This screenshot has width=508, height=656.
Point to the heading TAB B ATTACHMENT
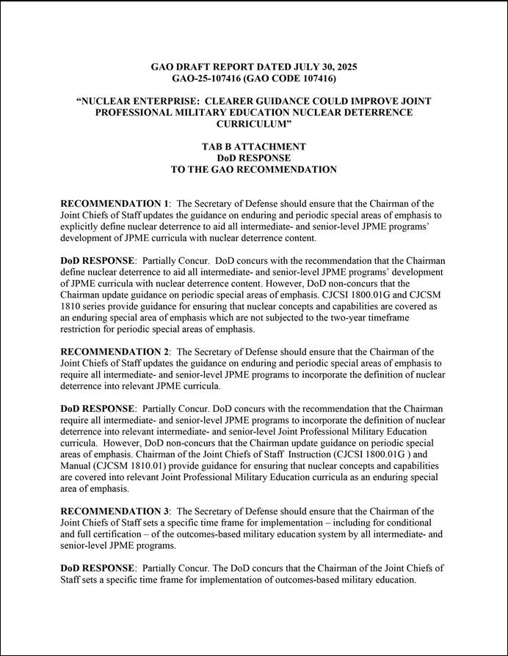tap(253, 147)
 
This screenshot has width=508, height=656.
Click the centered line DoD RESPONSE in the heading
tap(253, 158)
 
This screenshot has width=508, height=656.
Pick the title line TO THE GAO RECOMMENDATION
tap(253, 169)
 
